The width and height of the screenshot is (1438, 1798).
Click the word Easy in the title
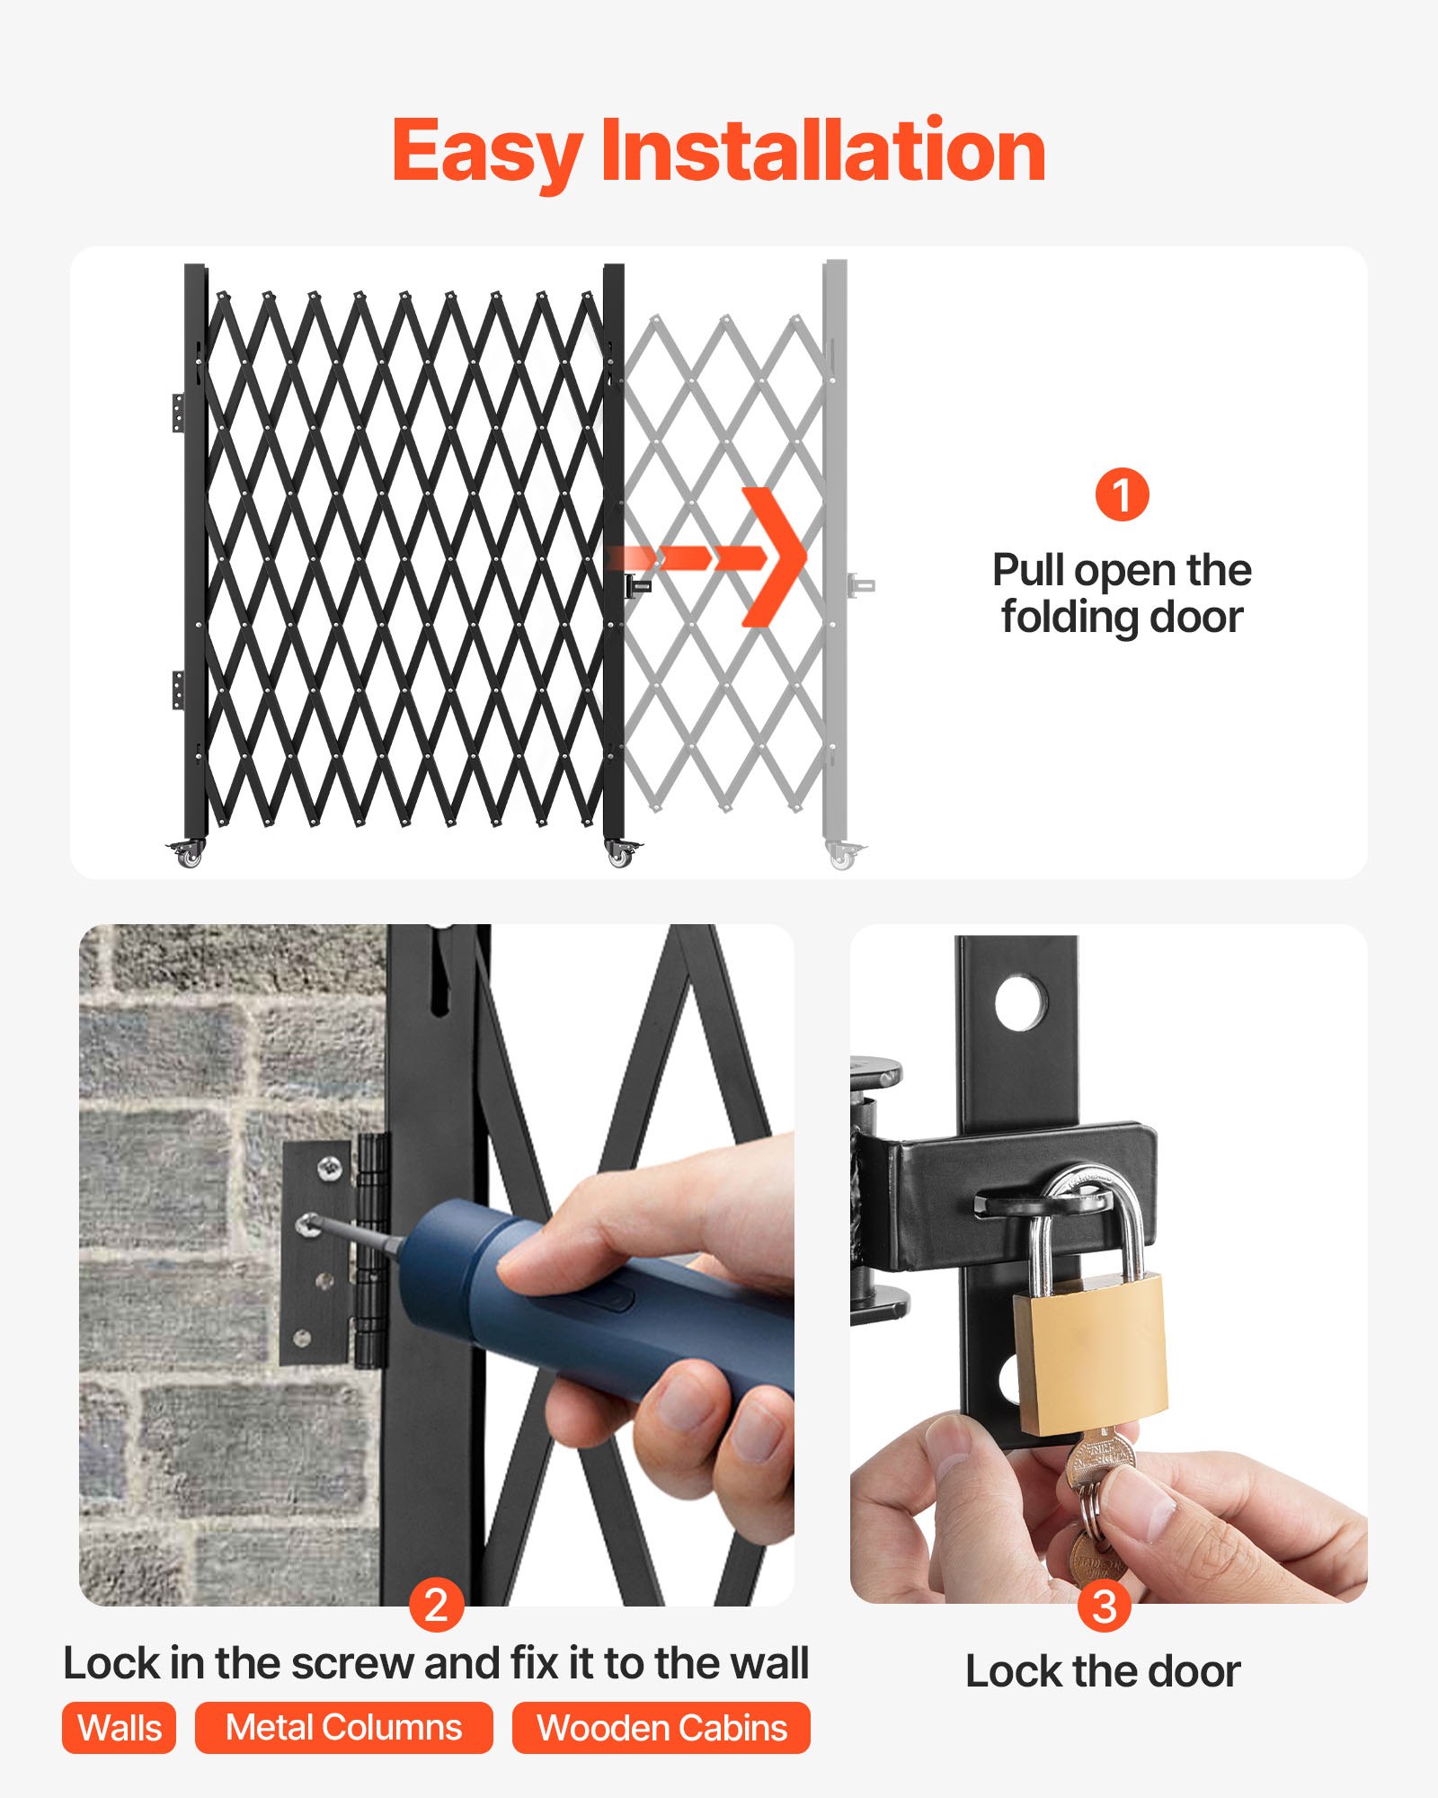[x=485, y=153]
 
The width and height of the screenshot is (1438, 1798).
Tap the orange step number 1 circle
[x=1122, y=494]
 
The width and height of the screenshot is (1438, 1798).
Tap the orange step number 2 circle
[x=436, y=1606]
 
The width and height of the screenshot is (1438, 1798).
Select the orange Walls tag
[x=119, y=1728]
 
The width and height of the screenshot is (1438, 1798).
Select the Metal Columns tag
[x=343, y=1728]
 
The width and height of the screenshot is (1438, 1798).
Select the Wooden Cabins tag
[x=661, y=1728]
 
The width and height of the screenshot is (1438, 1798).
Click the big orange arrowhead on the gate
[x=773, y=557]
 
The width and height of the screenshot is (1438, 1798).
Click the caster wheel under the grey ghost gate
[x=842, y=858]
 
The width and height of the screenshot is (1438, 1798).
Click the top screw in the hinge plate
[x=330, y=1169]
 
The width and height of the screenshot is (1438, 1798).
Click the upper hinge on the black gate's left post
[x=179, y=413]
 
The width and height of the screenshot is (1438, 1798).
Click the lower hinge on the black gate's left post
[x=179, y=690]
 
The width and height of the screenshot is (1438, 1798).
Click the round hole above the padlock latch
[x=1021, y=1002]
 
